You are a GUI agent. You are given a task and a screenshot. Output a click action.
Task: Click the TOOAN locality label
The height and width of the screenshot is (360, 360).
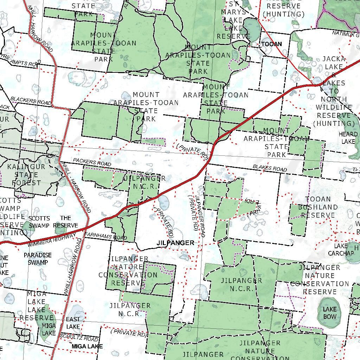click(x=271, y=44)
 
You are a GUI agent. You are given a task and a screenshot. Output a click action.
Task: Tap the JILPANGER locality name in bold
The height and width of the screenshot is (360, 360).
click(x=175, y=243)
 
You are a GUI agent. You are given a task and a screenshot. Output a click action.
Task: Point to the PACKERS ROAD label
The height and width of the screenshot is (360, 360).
click(x=92, y=162)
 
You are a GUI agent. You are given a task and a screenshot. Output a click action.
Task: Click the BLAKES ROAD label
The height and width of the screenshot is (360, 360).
click(x=270, y=168)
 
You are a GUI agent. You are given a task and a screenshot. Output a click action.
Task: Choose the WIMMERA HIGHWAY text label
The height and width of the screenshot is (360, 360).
click(x=52, y=240)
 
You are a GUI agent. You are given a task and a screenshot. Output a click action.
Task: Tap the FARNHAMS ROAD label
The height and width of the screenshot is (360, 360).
click(x=105, y=236)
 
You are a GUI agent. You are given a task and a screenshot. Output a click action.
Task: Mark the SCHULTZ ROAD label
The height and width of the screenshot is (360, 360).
click(x=79, y=337)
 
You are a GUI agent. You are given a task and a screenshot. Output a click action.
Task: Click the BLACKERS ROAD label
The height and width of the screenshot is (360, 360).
click(x=31, y=101)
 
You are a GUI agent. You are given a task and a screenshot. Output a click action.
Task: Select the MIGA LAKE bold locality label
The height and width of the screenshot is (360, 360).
click(x=87, y=346)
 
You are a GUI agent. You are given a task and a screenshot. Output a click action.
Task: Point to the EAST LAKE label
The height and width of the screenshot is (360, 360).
click(x=73, y=323)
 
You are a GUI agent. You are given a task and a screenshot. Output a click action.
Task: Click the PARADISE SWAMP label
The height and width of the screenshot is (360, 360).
click(x=38, y=258)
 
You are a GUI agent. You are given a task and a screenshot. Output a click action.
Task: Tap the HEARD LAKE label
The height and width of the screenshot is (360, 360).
click(x=348, y=137)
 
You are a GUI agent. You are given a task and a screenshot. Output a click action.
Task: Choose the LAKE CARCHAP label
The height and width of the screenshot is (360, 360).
click(x=341, y=250)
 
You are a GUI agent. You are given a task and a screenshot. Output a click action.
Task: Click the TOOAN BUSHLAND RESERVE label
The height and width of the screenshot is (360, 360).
click(x=318, y=207)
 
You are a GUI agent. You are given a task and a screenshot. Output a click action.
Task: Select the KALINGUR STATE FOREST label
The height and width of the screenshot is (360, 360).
click(x=26, y=174)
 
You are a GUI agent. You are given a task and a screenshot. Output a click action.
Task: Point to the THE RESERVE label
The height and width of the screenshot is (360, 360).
click(x=65, y=221)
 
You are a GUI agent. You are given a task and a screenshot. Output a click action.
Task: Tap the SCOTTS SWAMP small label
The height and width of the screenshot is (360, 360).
click(x=39, y=221)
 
